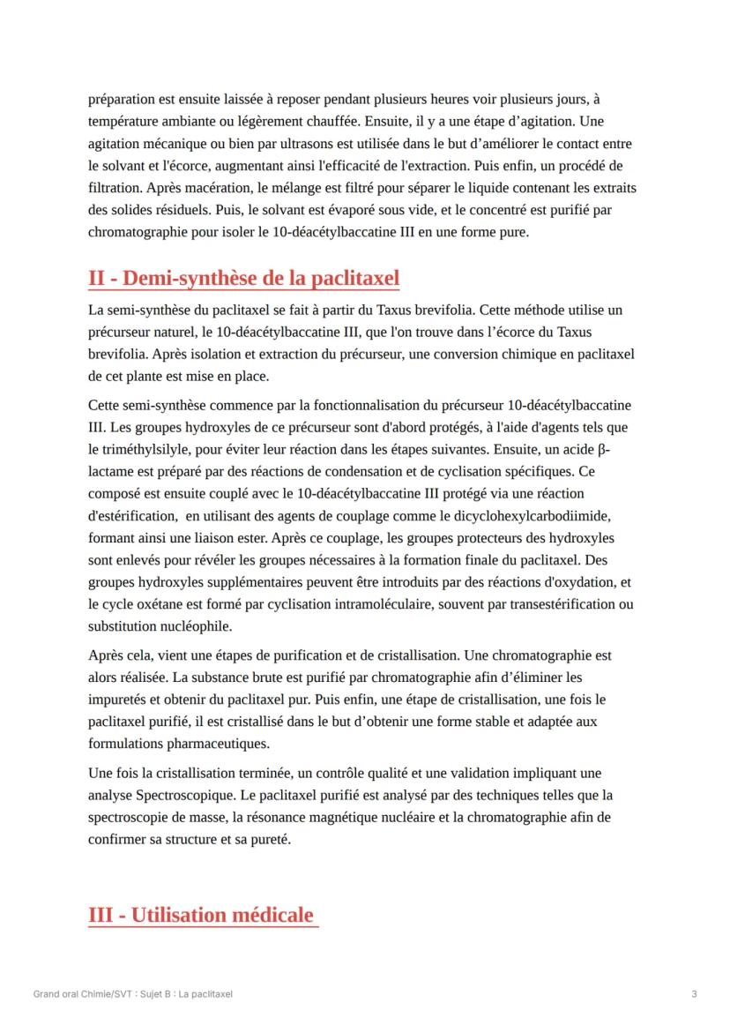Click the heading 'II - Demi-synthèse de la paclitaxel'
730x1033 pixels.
pyautogui.click(x=243, y=279)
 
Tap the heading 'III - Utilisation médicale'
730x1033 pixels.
pyautogui.click(x=201, y=915)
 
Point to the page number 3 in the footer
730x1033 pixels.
pyautogui.click(x=695, y=994)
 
